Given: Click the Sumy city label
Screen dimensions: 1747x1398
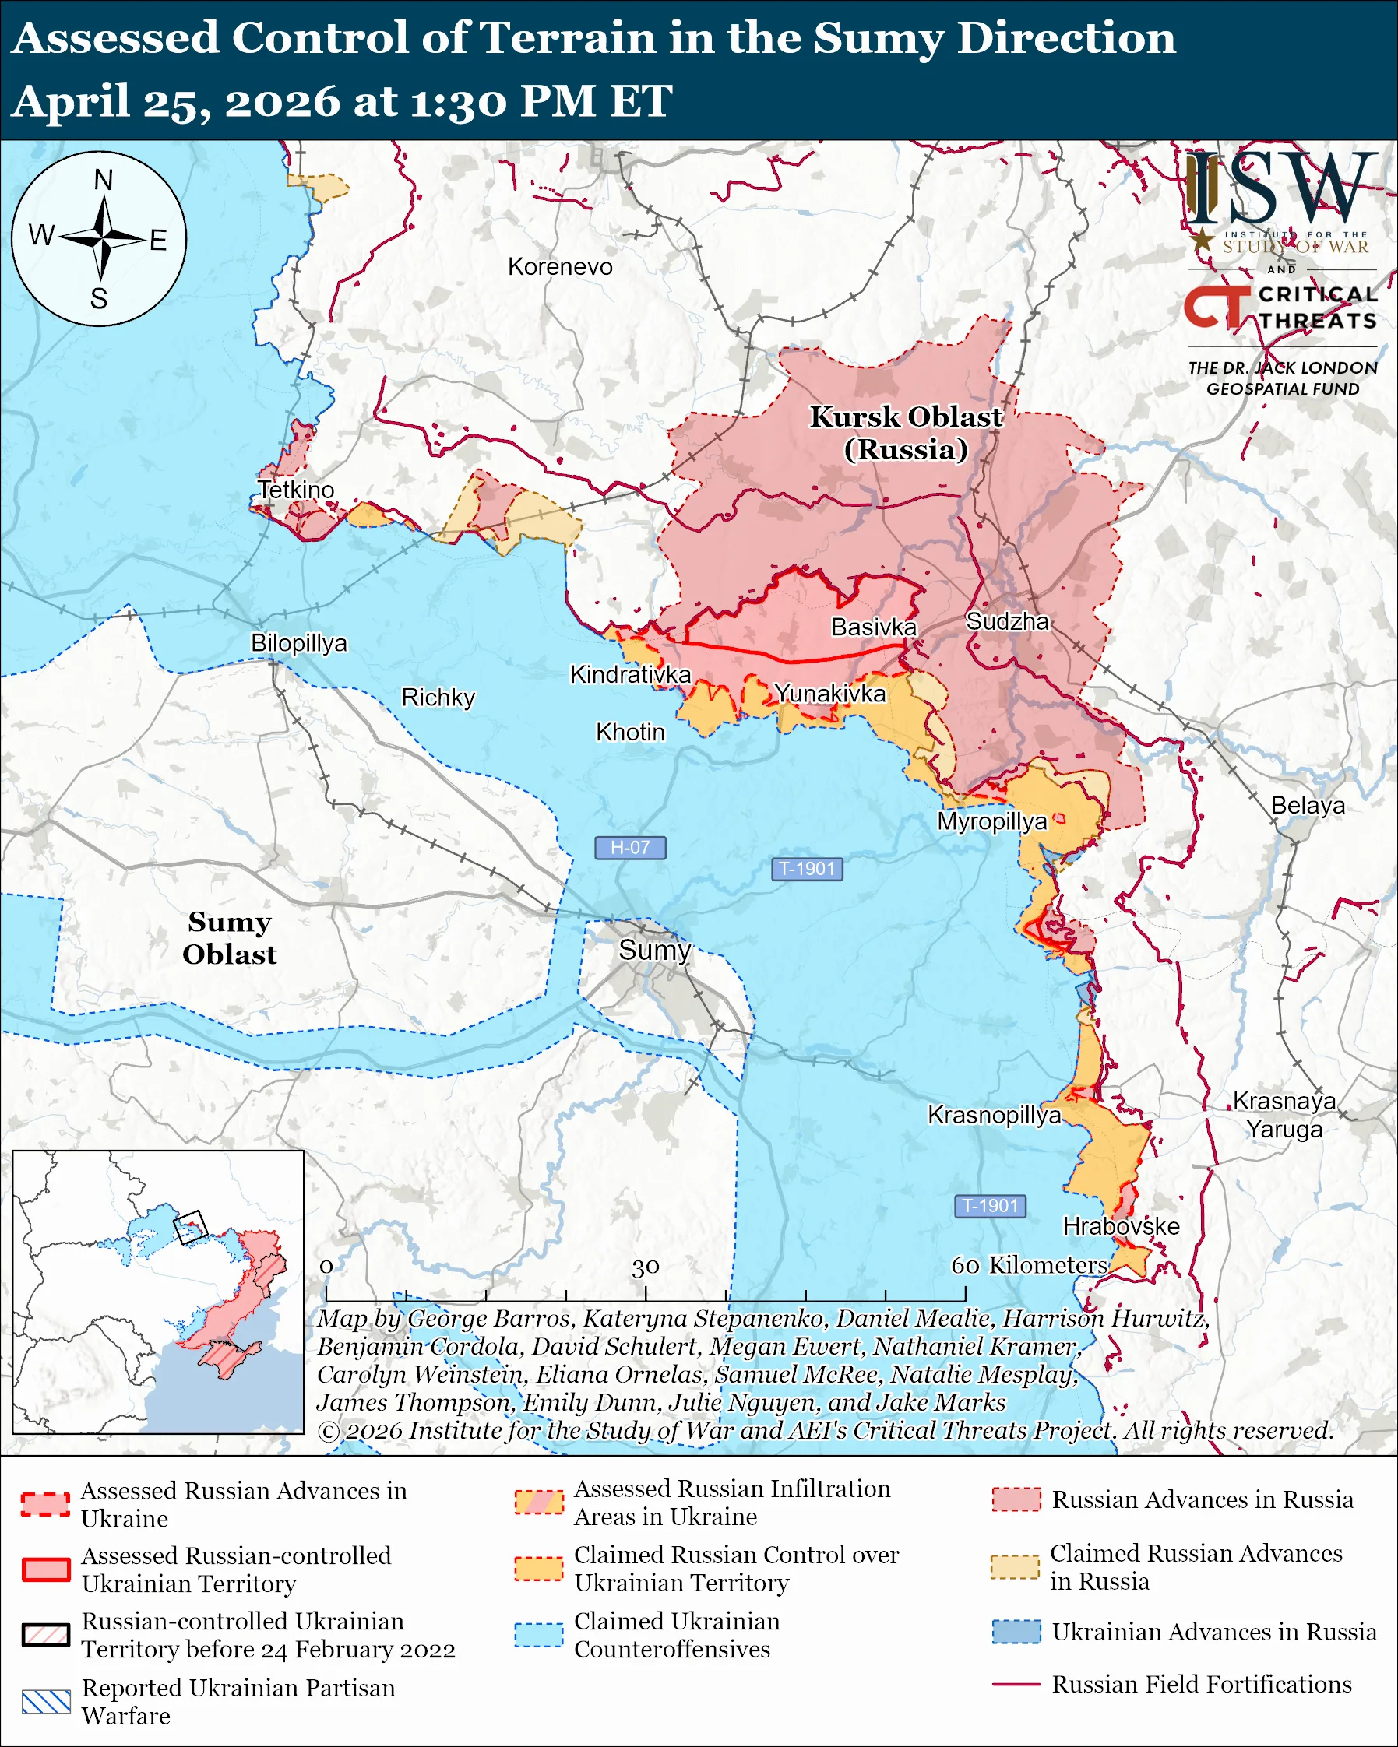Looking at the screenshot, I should [x=655, y=950].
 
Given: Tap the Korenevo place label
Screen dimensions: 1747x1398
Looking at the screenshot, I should [x=560, y=266].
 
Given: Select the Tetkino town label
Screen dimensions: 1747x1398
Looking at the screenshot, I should [x=296, y=490].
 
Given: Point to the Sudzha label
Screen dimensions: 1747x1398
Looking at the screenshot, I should [x=1007, y=621].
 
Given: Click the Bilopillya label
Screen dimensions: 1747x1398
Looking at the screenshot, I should [x=298, y=642].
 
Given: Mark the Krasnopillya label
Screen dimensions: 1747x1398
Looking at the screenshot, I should [x=995, y=1115].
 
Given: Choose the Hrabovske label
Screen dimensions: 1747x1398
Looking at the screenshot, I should [x=1121, y=1226].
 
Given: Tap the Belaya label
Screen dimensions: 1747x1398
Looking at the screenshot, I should [x=1307, y=806].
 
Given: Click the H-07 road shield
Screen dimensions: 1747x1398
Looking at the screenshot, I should [x=630, y=848].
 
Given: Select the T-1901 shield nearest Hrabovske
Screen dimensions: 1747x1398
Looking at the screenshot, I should [x=990, y=1206].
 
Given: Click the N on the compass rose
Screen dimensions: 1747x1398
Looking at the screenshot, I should [x=103, y=180].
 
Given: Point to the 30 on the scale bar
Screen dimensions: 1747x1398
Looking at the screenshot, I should [x=645, y=1267].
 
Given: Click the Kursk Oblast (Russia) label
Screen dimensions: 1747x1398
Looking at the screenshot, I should [x=906, y=433].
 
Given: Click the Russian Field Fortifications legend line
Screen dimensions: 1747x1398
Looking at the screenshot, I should [x=1016, y=1684].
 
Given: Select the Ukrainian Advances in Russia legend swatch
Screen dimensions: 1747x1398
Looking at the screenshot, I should [x=1016, y=1631].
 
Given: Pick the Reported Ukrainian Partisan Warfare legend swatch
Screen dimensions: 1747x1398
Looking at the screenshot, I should [x=46, y=1702].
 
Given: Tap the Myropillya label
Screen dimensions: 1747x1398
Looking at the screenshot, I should [x=992, y=821].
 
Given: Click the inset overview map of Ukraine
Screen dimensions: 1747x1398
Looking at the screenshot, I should [x=158, y=1292].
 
